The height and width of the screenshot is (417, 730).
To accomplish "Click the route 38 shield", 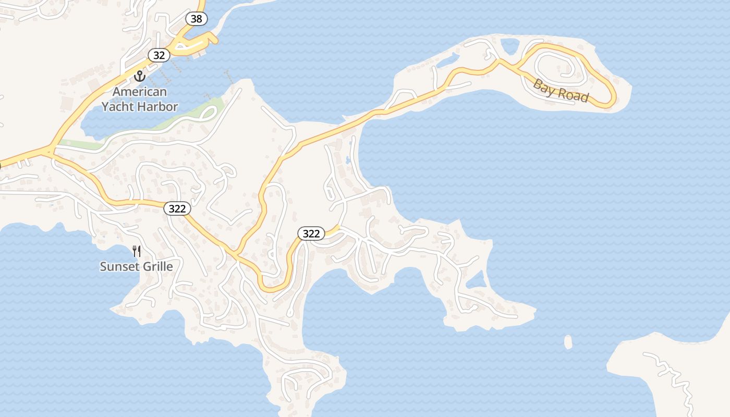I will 197,19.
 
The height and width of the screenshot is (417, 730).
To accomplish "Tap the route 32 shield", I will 159,55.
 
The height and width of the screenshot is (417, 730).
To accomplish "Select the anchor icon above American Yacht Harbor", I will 139,76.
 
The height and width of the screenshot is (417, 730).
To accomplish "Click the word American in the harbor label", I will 140,92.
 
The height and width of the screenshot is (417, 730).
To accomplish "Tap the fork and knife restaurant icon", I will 137,251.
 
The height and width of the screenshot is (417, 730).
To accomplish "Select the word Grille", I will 155,266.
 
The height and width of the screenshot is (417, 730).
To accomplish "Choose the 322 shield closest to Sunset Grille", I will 177,208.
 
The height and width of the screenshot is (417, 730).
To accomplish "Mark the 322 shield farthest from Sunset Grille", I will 311,234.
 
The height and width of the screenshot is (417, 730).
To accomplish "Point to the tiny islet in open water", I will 568,342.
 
